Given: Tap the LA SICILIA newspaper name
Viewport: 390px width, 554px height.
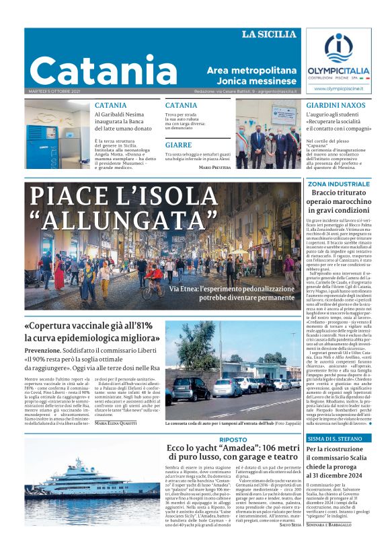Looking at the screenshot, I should tap(268, 34).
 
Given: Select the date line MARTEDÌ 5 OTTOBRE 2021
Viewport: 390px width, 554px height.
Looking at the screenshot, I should tap(56, 91).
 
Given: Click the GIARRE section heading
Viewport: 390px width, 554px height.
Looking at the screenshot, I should tap(178, 145).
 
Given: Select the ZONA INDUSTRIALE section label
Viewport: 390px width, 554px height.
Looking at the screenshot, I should tap(339, 184).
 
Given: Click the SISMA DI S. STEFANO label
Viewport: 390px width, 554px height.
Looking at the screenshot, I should tap(334, 438).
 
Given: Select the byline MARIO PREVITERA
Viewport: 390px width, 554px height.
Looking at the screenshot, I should tap(215, 167).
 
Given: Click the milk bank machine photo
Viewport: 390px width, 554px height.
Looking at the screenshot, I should tap(57, 135).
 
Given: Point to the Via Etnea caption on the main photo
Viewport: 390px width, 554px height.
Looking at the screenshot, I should tap(231, 292).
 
